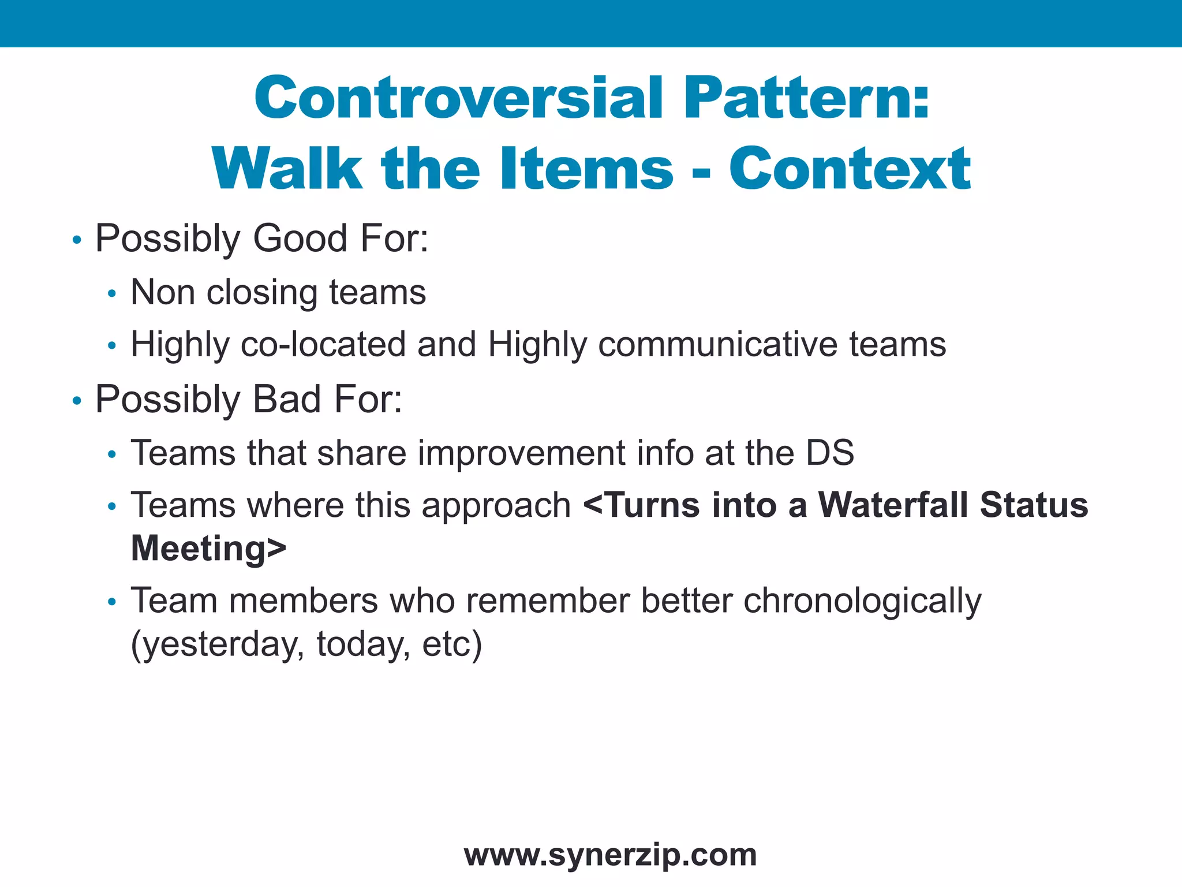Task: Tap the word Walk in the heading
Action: (287, 169)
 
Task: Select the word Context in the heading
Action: (850, 169)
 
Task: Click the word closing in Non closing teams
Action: (261, 292)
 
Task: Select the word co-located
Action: (323, 345)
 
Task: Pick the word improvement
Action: (521, 453)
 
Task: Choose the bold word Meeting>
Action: (208, 548)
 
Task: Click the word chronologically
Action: (862, 601)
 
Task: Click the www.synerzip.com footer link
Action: (610, 855)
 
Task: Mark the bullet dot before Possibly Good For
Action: (77, 240)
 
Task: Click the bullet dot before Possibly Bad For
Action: (77, 401)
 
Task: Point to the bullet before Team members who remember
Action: (112, 602)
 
